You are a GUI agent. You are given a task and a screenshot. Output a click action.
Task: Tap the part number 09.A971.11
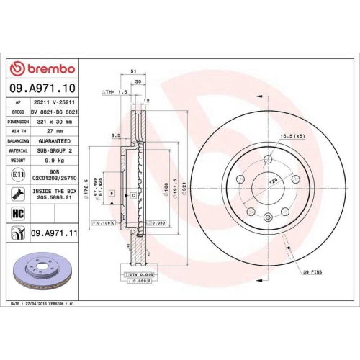pos(56,233)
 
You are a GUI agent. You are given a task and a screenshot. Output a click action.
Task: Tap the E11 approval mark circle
pos(17,175)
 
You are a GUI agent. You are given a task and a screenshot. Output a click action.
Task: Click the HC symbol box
pos(17,214)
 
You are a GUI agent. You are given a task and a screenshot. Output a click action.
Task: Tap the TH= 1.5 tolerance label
pos(115,93)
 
